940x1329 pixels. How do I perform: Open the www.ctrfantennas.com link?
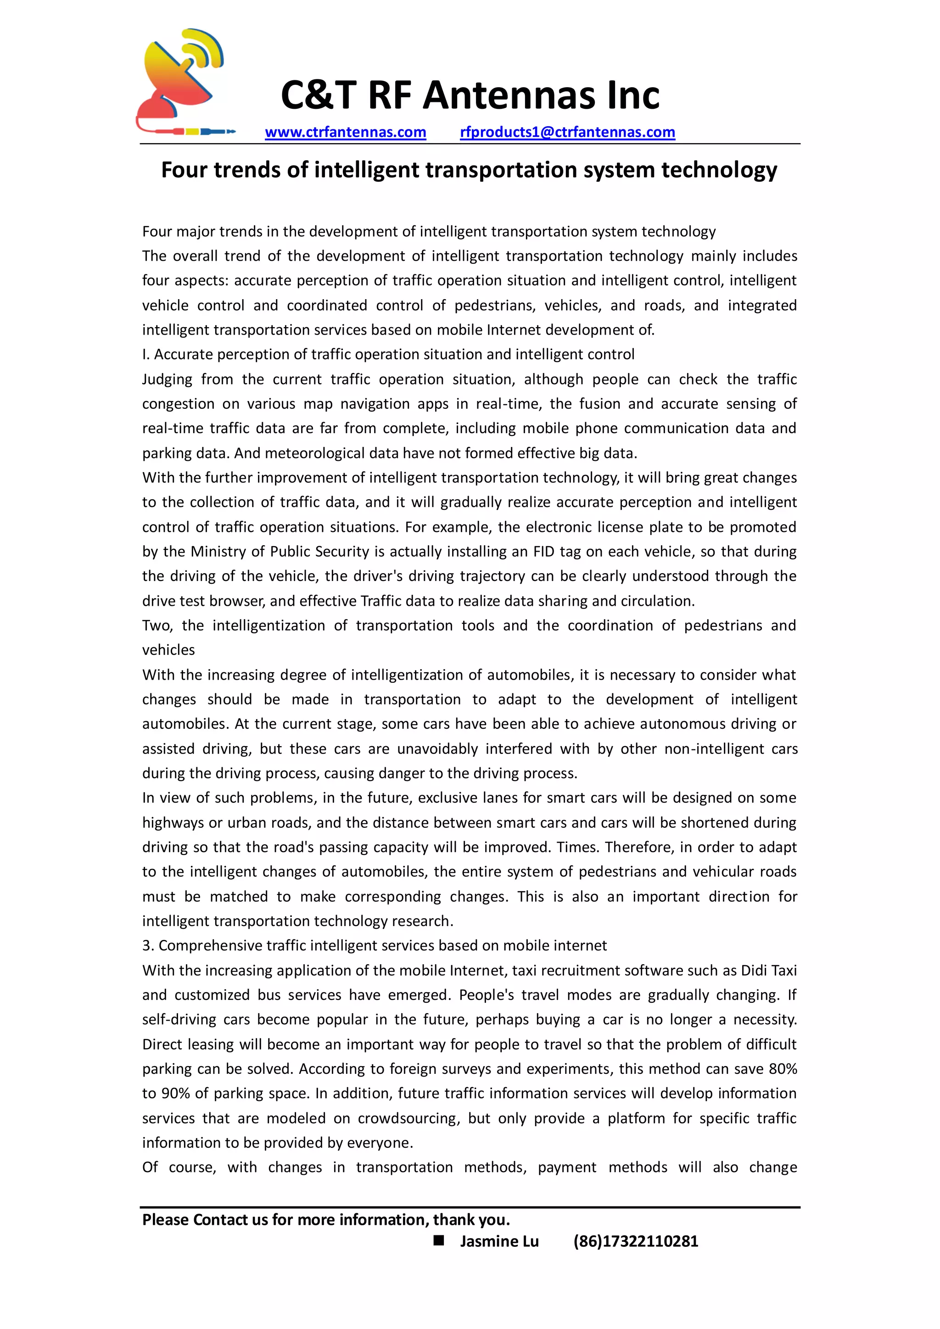[x=345, y=132]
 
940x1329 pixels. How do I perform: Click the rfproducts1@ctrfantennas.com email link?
[x=567, y=132]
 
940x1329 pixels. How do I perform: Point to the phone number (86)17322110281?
[x=636, y=1241]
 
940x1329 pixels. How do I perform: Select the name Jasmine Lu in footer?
[x=499, y=1241]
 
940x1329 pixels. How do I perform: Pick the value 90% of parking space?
[x=176, y=1094]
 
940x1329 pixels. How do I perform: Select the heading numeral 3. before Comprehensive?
[x=148, y=946]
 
